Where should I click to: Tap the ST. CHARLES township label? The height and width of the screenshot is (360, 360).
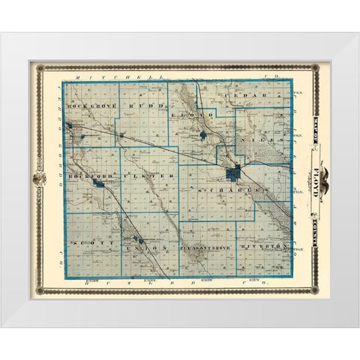click(x=232, y=193)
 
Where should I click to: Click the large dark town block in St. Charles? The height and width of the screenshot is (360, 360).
click(x=234, y=173)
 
